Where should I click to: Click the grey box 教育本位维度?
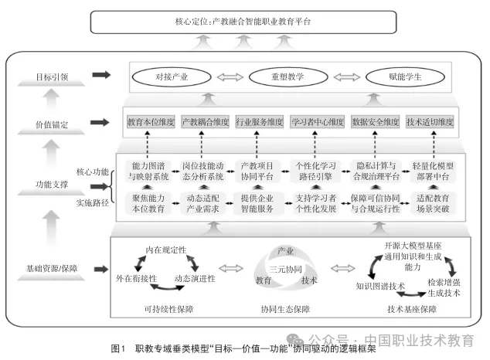[x=151, y=122]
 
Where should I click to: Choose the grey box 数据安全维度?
[x=376, y=122]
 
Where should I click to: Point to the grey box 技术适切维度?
[x=430, y=122]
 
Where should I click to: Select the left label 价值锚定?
[x=50, y=123]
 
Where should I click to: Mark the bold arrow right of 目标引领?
[x=101, y=75]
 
